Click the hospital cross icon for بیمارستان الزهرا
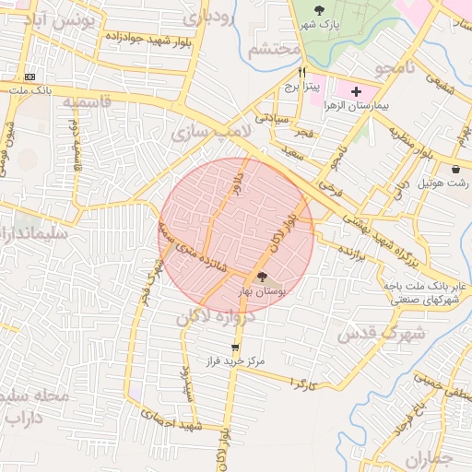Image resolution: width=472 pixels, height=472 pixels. (x=356, y=92)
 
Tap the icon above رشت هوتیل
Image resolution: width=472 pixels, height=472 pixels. (x=457, y=169)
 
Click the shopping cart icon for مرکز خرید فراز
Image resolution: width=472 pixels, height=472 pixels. (x=236, y=348)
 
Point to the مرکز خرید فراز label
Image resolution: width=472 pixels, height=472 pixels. (x=235, y=362)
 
